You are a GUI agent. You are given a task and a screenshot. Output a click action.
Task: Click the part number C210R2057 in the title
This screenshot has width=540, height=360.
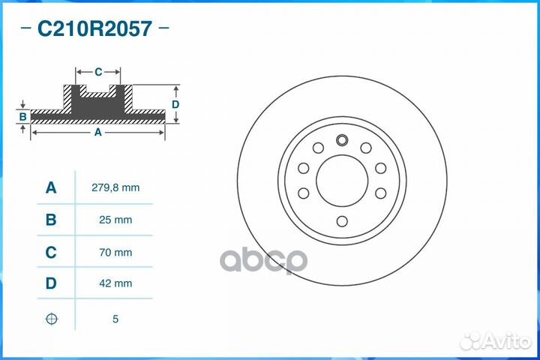coord(94,30)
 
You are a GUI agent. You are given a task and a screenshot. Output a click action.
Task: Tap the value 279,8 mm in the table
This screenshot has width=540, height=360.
coord(115,188)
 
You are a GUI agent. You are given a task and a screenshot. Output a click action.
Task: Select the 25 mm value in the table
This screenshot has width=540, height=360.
coord(115,220)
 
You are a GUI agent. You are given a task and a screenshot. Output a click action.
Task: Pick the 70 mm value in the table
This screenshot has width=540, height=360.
coord(115,253)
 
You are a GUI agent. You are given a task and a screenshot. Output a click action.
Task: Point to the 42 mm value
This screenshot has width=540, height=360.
coord(115,284)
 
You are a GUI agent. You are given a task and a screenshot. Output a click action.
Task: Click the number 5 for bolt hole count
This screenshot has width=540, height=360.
coord(115,319)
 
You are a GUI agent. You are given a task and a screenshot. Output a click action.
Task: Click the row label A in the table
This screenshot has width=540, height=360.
coord(51,188)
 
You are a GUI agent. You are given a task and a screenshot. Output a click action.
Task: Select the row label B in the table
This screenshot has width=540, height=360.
coord(51,220)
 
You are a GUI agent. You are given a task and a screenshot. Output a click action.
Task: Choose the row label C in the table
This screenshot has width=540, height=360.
coord(51,253)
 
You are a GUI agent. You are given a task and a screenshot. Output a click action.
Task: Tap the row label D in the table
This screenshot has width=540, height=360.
coord(51,284)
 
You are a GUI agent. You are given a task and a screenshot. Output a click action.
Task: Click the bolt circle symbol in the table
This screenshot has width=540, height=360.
coord(51,319)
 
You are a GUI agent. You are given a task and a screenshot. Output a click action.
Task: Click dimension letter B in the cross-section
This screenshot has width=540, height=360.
coord(23,116)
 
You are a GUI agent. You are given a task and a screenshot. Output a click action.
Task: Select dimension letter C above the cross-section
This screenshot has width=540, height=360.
coord(98,72)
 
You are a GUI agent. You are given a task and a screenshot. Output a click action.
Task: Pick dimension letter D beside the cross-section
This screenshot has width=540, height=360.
coord(175,104)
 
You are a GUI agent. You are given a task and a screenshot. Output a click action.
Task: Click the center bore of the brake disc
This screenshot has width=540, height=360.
coord(342,181)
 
